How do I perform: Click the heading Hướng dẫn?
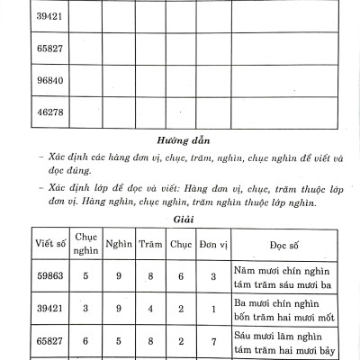pos(179,139)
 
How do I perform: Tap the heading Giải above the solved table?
pos(179,217)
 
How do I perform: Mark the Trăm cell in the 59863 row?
pos(150,278)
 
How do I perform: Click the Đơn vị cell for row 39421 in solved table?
pos(210,310)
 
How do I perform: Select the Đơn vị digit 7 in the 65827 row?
pos(210,342)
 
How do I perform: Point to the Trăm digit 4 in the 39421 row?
pos(150,310)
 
